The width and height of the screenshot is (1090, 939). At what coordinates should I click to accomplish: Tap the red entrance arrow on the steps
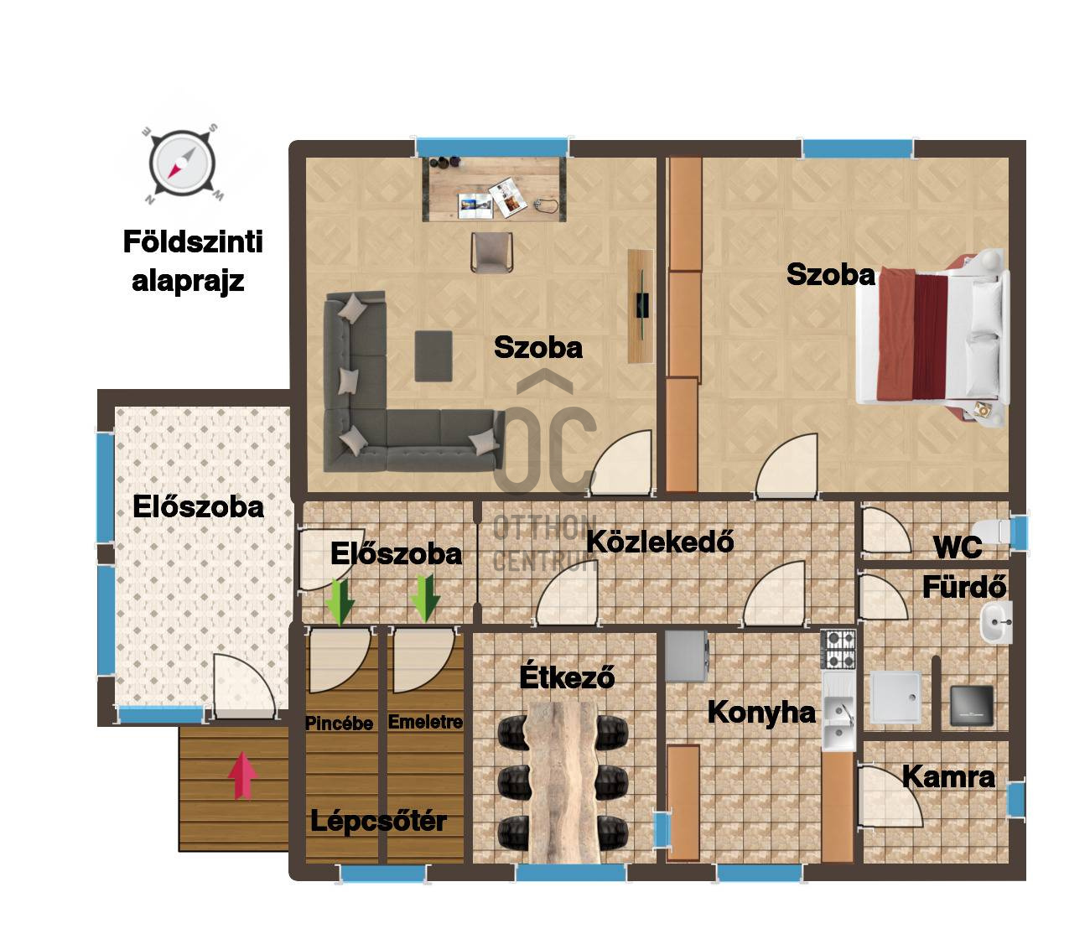tap(242, 775)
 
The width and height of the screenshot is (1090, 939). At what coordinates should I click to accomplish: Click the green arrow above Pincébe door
tap(340, 602)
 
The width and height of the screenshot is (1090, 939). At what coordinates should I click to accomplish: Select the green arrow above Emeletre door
tap(425, 599)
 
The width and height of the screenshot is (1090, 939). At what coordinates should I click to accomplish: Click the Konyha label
tap(761, 713)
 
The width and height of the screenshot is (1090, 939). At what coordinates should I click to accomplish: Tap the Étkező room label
tap(567, 677)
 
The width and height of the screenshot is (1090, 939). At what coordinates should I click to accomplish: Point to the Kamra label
tap(948, 776)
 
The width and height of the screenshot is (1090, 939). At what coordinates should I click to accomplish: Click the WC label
tap(958, 547)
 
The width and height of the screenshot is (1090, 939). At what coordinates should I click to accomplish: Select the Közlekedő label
tap(660, 541)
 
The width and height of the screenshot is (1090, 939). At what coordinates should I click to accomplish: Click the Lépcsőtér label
tap(378, 821)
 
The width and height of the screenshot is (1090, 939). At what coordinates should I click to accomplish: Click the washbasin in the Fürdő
tap(996, 623)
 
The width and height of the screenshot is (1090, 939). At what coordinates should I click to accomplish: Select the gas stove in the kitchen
tap(838, 650)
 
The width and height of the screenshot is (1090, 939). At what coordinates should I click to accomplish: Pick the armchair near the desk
tap(491, 252)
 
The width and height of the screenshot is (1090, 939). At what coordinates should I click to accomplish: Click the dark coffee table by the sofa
tap(433, 355)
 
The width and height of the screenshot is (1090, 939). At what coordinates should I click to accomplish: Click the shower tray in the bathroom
tap(895, 697)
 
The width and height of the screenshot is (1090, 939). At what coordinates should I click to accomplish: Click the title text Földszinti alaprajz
tap(193, 262)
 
